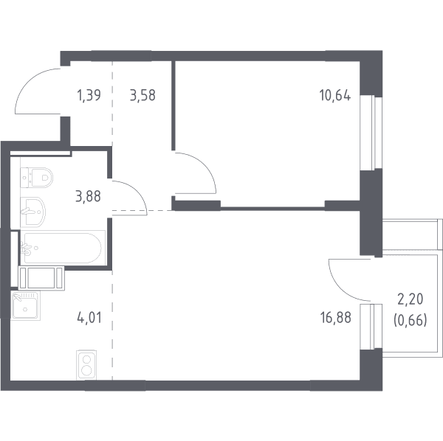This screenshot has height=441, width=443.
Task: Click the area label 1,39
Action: point(89,95)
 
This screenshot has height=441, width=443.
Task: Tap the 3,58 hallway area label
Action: point(142,95)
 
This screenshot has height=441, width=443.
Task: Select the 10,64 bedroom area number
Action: point(335,95)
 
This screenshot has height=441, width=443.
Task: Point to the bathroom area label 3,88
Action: point(88,196)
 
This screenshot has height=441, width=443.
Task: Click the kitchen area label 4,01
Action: point(89,318)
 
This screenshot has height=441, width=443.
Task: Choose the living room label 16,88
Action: point(336,318)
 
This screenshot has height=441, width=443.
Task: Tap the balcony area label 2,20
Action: point(411,299)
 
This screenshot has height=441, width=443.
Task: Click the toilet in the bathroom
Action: point(37,177)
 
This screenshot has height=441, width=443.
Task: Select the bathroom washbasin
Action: point(32,212)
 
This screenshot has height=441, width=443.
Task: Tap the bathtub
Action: point(63,248)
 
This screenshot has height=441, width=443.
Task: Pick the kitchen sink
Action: point(25,305)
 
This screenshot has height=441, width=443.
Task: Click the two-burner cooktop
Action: point(86,365)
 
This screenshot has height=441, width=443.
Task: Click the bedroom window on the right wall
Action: point(371,133)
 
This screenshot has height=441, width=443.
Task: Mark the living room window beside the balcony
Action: point(371,327)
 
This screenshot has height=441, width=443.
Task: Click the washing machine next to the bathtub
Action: point(41,278)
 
